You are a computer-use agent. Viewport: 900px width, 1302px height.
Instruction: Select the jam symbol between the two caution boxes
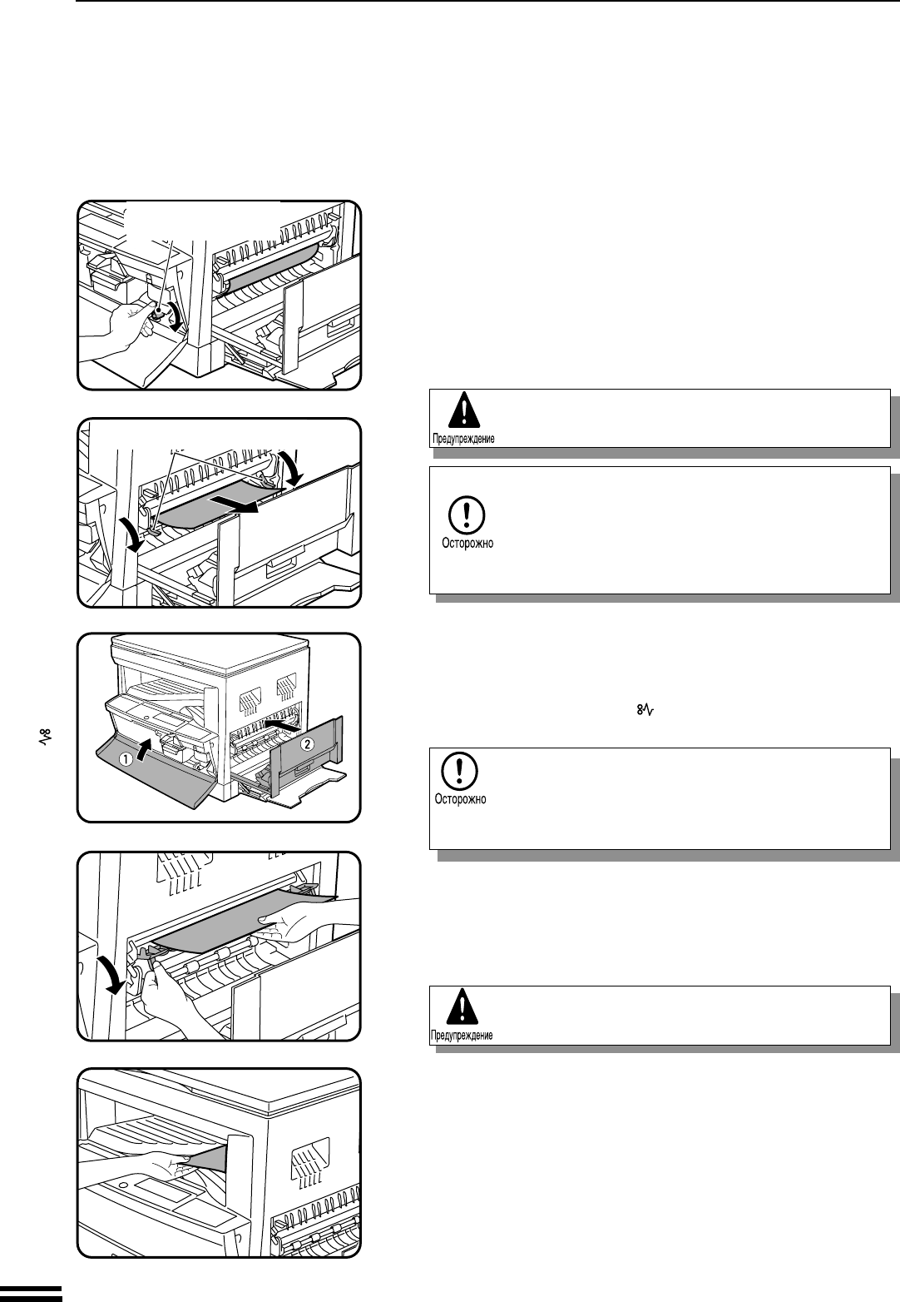click(640, 710)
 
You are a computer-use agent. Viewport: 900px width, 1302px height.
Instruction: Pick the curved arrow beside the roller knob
click(177, 319)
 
